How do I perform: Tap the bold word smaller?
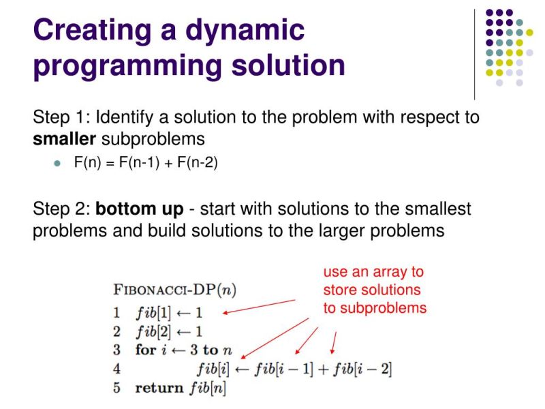65,139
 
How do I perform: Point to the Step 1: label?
61,117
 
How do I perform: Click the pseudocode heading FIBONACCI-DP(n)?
174,289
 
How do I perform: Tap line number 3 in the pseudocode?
117,350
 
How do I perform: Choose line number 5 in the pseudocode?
117,389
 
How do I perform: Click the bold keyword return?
159,389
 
